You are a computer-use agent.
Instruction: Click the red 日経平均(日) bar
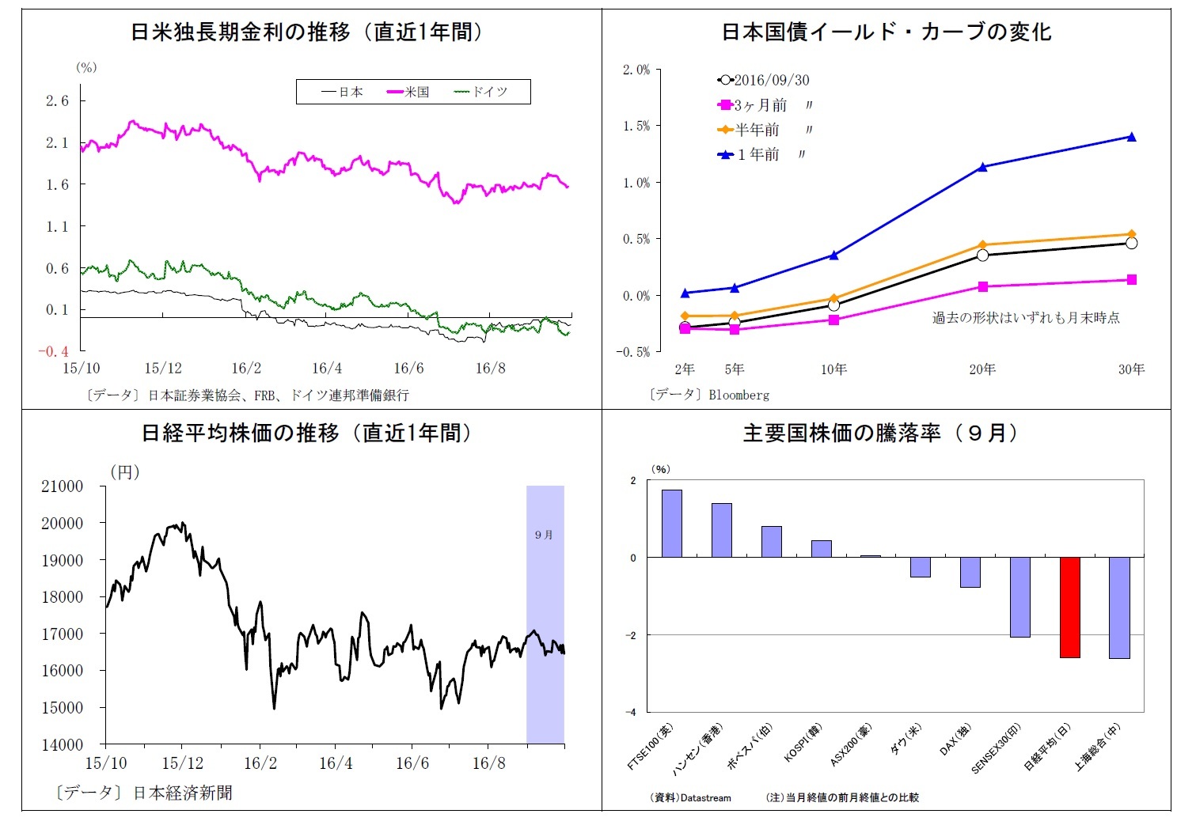coord(1069,607)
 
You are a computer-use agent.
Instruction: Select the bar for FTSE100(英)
coord(671,523)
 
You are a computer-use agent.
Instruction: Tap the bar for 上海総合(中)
coord(1118,607)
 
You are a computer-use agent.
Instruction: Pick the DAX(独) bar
coord(970,572)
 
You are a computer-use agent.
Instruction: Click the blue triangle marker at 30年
coord(1131,137)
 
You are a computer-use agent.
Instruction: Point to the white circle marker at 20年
coord(982,255)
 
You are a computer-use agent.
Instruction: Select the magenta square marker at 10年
coord(833,320)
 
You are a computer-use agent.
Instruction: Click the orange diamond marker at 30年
coord(1131,234)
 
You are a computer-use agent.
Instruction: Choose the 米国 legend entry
coord(408,92)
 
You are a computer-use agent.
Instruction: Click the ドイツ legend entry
coord(480,92)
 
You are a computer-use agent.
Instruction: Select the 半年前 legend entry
coord(756,130)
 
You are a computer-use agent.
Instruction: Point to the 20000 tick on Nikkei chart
coord(62,523)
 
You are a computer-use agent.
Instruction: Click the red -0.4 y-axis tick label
coord(54,351)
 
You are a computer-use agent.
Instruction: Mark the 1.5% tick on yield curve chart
coord(635,126)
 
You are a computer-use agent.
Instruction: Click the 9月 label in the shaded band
coord(544,535)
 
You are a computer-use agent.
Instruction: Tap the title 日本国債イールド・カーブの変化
coord(886,32)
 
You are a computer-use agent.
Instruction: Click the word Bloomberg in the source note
coord(738,394)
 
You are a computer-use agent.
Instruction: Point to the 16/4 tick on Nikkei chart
coord(336,763)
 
